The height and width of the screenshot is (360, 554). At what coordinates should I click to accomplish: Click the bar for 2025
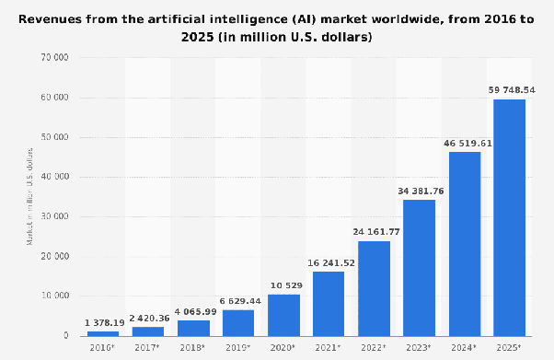(509, 217)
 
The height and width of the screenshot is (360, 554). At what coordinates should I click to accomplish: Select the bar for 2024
(464, 243)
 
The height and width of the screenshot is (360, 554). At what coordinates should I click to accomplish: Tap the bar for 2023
(419, 267)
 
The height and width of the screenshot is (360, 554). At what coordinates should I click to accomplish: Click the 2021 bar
(329, 303)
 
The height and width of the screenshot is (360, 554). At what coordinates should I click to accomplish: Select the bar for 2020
(283, 314)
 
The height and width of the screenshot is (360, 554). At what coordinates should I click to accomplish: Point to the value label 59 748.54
(509, 90)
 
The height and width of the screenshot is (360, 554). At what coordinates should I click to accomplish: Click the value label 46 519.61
(464, 143)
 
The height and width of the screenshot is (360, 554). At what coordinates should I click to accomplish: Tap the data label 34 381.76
(419, 191)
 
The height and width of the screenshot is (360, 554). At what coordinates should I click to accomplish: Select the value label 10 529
(283, 285)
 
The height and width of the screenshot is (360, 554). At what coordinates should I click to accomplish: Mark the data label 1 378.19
(103, 322)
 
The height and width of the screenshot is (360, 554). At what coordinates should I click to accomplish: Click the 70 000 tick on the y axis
(57, 57)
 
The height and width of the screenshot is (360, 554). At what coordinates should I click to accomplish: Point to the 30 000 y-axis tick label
(57, 216)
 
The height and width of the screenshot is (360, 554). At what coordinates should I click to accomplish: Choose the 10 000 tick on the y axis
(57, 296)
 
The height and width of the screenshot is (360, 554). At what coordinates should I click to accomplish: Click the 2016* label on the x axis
(103, 348)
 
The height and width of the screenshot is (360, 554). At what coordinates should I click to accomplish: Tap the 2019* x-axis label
(238, 348)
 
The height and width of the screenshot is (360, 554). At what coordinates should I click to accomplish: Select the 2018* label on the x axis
(193, 348)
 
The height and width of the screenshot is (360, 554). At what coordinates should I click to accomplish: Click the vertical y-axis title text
(30, 196)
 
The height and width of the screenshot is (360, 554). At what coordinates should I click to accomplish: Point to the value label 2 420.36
(148, 318)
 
